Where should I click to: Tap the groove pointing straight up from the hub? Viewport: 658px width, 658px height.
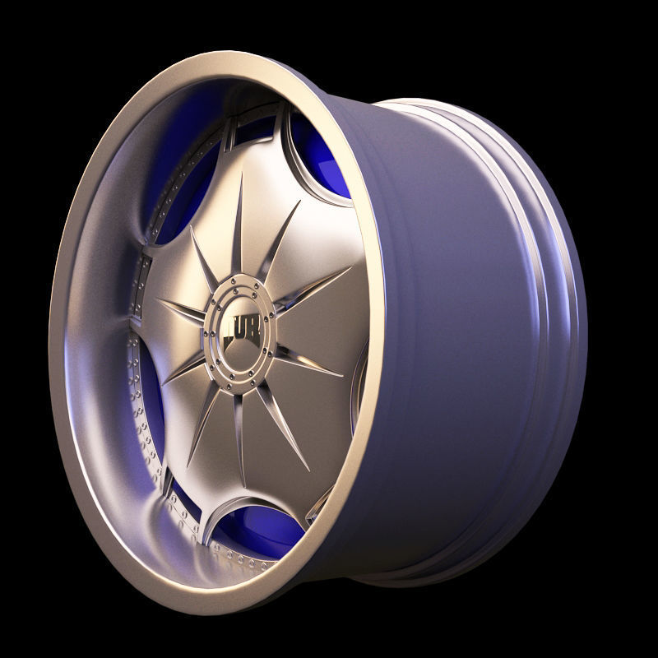pyautogui.click(x=241, y=230)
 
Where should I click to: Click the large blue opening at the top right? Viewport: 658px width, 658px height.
pyautogui.click(x=321, y=156)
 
